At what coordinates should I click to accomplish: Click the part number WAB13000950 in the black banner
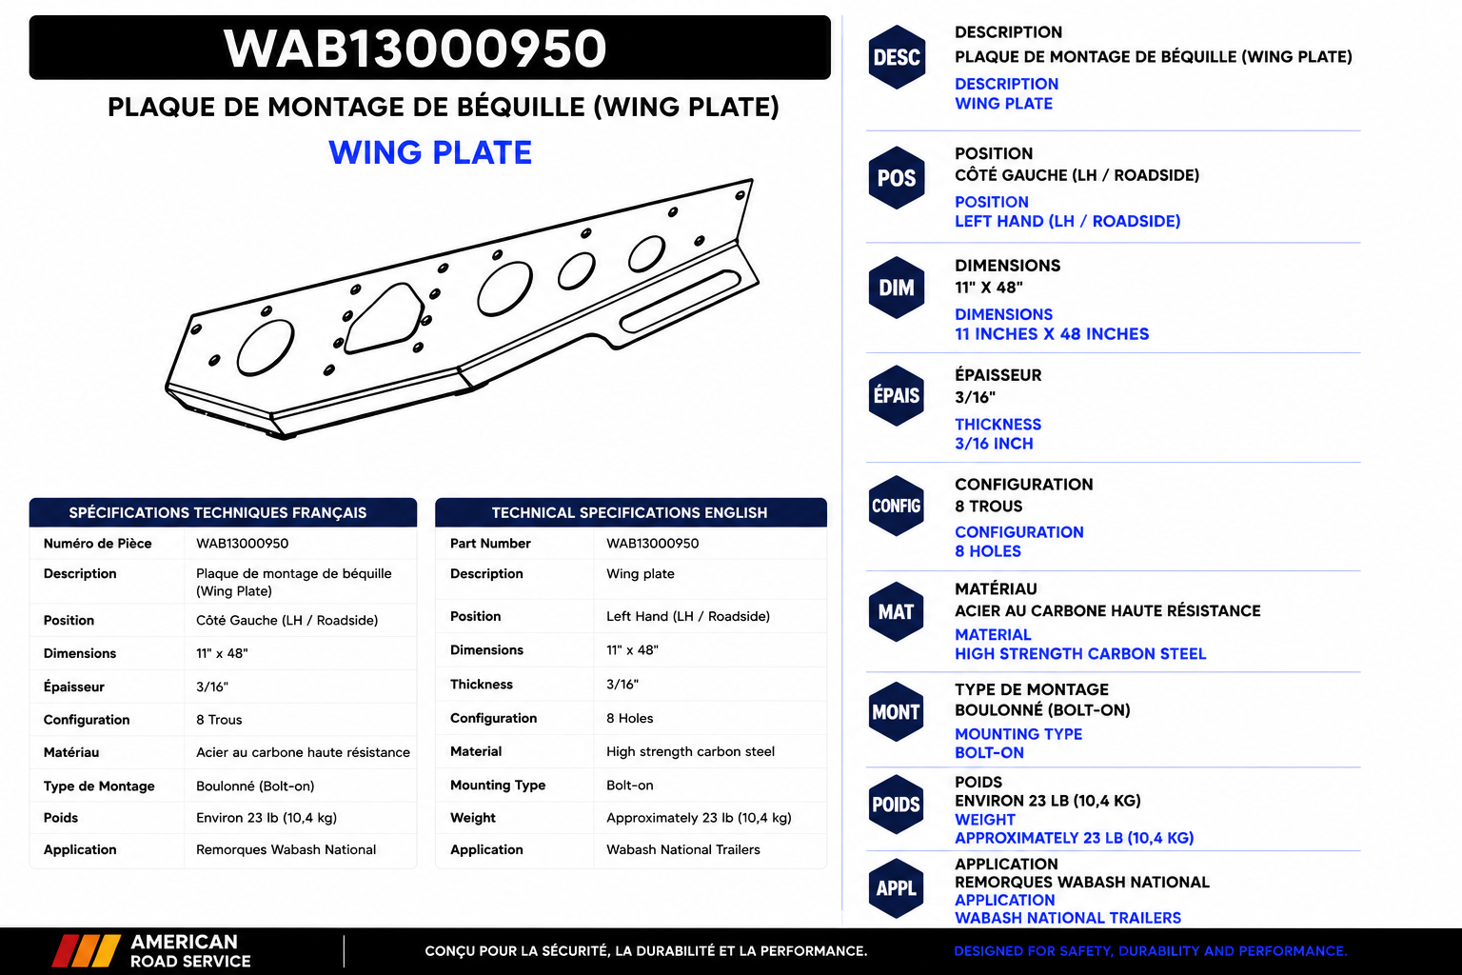point(415,49)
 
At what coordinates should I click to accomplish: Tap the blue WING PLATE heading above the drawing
point(430,152)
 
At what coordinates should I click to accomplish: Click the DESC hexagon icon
point(897,57)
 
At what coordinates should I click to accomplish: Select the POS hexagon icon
point(897,178)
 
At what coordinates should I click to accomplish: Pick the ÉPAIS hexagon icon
point(897,396)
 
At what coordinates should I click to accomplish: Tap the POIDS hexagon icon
point(896,805)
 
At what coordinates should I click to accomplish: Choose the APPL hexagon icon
point(896,888)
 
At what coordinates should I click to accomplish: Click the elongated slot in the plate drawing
point(680,301)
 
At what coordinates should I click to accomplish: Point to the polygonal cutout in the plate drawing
point(384,319)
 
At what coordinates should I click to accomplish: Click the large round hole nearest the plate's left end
point(265,348)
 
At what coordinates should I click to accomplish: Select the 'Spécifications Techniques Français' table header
point(218,512)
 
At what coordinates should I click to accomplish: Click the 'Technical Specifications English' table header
point(630,512)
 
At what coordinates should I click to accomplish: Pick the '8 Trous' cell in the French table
point(219,720)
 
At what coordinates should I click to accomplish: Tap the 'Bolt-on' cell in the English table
point(630,785)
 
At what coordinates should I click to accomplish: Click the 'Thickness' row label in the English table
point(482,685)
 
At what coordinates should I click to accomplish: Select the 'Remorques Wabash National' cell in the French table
point(286,849)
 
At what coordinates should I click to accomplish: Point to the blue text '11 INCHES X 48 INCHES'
point(1052,334)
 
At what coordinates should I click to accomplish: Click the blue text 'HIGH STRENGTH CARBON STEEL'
point(1080,654)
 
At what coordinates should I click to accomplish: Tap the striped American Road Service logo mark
point(87,951)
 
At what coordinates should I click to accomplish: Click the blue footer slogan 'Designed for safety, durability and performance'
point(1151,951)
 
